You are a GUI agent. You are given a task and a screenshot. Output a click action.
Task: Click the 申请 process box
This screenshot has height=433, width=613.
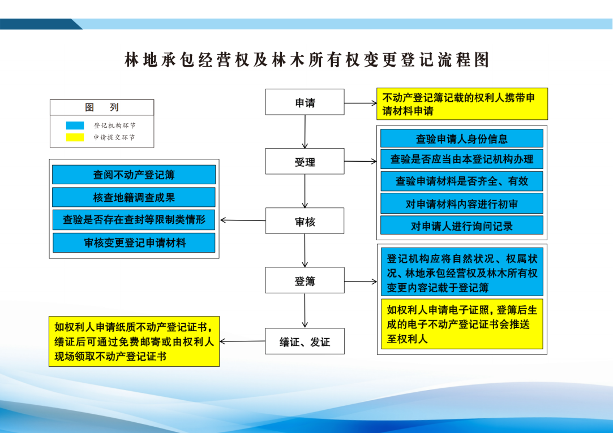click(x=305, y=102)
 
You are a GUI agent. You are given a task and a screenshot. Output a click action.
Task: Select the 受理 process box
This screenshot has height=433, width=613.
click(x=305, y=161)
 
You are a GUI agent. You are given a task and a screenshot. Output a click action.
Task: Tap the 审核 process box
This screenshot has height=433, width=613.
click(x=305, y=220)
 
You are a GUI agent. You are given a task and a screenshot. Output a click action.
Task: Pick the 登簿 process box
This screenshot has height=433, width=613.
click(x=305, y=280)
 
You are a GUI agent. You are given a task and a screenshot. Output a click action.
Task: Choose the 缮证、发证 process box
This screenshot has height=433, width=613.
click(x=305, y=341)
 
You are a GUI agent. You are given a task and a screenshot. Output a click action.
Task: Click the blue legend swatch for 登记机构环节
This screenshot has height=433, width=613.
click(x=75, y=125)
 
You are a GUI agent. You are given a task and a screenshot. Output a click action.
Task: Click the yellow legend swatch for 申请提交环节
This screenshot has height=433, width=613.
click(x=75, y=137)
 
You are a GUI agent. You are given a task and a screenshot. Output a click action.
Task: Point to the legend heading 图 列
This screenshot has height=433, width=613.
click(x=102, y=107)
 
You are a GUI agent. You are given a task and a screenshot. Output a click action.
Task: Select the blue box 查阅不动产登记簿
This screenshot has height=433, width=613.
click(x=134, y=175)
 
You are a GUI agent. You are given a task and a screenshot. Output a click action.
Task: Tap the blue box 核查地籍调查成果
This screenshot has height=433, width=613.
click(x=134, y=197)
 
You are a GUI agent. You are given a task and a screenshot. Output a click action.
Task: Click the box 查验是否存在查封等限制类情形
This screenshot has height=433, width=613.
click(x=134, y=220)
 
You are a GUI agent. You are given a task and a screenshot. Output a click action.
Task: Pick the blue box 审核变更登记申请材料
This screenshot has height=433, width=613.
click(x=134, y=243)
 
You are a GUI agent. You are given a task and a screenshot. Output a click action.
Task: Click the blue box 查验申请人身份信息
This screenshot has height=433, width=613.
click(x=462, y=138)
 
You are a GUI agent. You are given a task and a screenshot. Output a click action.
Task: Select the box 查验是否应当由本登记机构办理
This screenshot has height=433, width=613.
click(x=462, y=159)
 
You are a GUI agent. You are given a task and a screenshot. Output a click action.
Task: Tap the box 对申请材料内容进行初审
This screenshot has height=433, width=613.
click(x=462, y=203)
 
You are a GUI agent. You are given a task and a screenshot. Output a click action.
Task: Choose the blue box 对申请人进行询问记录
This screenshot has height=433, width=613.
click(x=462, y=226)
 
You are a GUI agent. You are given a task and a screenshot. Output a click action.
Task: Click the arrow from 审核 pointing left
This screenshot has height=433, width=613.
click(x=243, y=220)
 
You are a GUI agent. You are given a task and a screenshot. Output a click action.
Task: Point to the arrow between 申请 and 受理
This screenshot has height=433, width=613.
click(x=305, y=132)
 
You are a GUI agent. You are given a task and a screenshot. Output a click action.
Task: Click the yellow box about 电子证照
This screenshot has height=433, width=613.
click(x=462, y=324)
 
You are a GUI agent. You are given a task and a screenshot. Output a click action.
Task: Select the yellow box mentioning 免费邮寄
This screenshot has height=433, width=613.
click(x=134, y=341)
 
